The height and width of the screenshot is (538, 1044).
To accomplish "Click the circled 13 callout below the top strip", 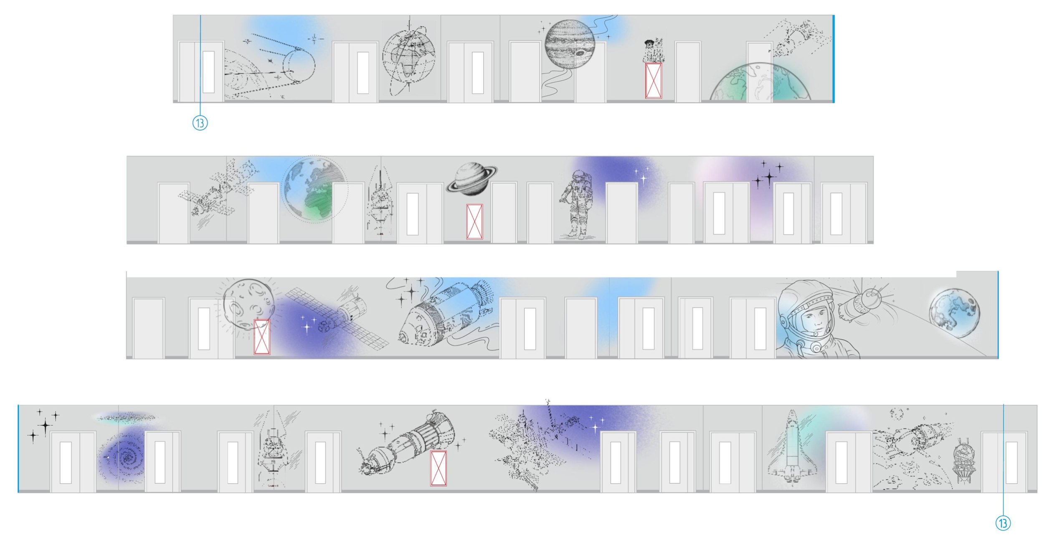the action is (200, 124).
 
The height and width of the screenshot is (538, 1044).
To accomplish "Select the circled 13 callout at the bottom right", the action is (1003, 523).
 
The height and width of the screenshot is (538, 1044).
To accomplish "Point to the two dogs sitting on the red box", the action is (654, 50).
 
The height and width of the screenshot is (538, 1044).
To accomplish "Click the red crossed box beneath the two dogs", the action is (654, 81).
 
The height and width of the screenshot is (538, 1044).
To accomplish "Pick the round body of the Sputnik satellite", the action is (299, 65).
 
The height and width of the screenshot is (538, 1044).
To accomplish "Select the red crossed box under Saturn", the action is (474, 222).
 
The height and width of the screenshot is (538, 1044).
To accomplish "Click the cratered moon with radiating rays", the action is (249, 304).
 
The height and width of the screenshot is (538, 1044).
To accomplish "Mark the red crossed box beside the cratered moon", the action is (262, 337).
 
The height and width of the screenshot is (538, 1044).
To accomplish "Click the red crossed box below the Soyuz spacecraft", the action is (438, 468).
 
